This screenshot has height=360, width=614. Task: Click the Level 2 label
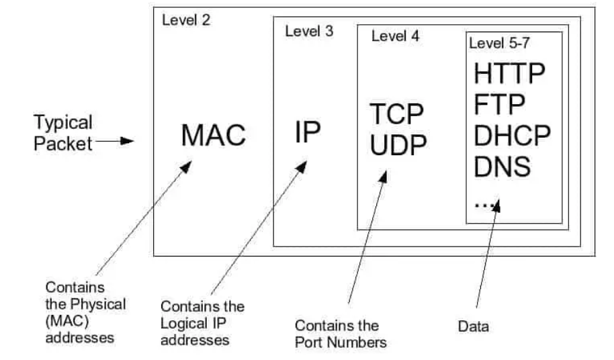[186, 20]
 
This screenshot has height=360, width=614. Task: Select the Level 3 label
[309, 31]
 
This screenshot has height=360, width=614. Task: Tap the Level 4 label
[395, 36]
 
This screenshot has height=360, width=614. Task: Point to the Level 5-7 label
[499, 43]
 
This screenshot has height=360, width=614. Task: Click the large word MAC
[214, 135]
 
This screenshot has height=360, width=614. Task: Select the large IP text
[308, 132]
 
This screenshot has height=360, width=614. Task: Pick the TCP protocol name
[396, 114]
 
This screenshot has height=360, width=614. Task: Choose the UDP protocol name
[398, 145]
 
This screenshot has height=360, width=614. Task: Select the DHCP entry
[512, 135]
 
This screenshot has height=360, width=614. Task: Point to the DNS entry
[502, 167]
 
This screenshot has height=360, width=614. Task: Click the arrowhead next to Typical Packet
[127, 141]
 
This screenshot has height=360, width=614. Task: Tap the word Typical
[63, 122]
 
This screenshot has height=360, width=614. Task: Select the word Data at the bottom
[473, 326]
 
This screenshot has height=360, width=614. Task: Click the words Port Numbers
[341, 343]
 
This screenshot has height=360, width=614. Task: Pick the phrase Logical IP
[193, 323]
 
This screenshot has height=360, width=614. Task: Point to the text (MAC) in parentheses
[67, 321]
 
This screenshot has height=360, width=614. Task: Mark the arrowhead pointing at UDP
[384, 177]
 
